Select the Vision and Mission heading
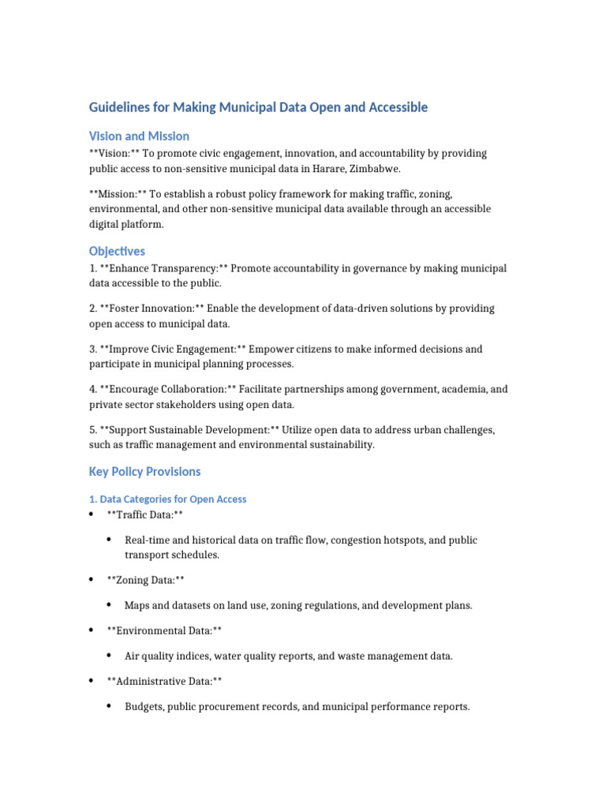(x=139, y=136)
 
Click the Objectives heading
(x=117, y=251)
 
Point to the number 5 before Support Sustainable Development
(x=92, y=430)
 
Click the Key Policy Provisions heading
(x=144, y=471)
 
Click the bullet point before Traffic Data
(x=91, y=514)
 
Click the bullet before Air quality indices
(x=109, y=656)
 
